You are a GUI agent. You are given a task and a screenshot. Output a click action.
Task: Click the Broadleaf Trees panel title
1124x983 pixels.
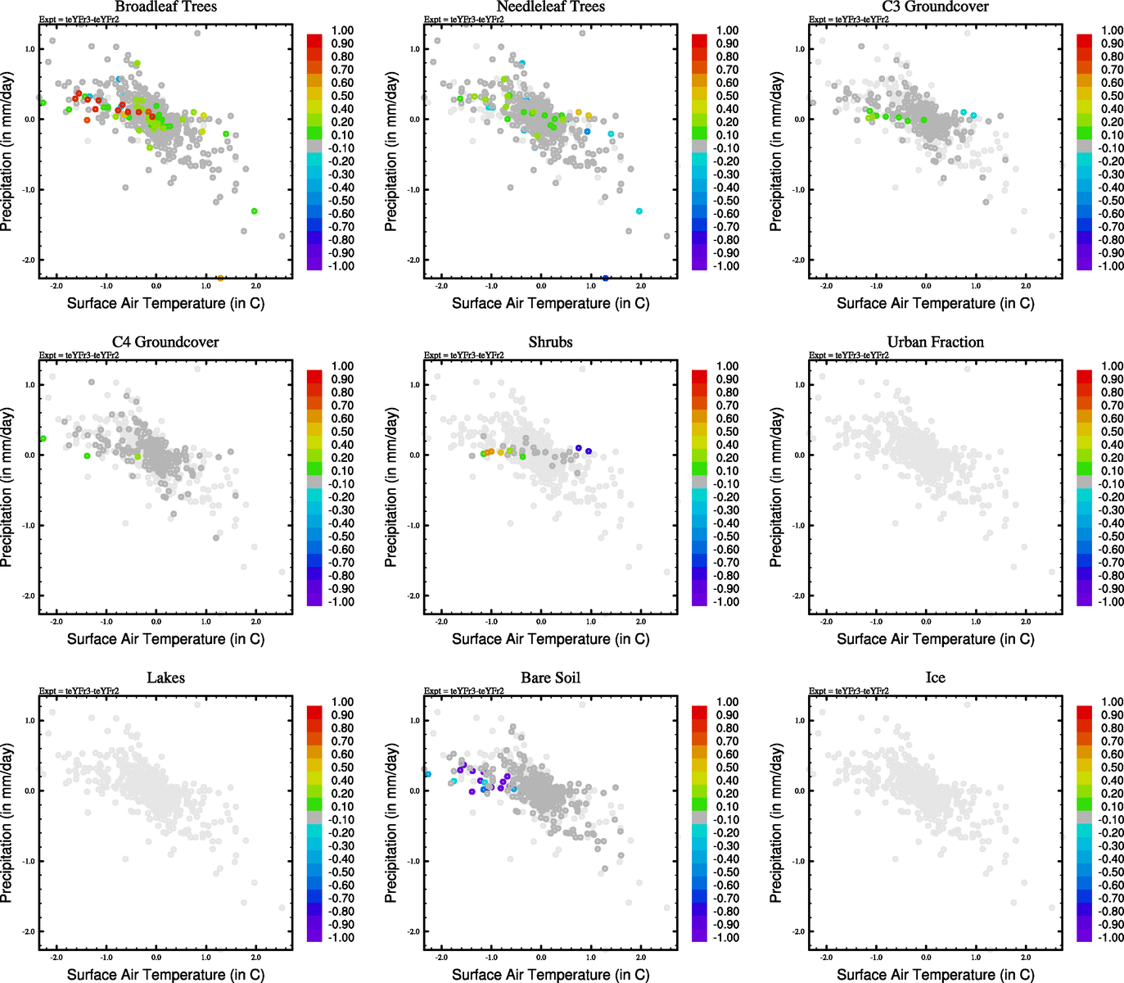click(x=166, y=7)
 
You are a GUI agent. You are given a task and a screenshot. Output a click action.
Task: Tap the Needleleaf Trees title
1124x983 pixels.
click(x=550, y=7)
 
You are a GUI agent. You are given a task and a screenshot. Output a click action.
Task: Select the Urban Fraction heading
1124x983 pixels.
click(x=935, y=342)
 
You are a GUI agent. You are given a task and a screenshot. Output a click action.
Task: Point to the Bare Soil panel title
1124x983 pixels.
click(x=550, y=678)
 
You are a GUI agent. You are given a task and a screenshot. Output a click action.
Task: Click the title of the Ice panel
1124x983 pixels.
click(x=935, y=678)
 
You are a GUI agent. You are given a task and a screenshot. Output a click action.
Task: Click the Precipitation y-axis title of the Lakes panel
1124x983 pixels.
click(x=7, y=823)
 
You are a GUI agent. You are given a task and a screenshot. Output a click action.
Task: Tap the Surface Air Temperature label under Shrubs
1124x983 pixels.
click(x=550, y=639)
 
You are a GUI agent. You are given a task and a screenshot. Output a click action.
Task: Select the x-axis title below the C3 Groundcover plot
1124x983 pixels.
click(x=935, y=303)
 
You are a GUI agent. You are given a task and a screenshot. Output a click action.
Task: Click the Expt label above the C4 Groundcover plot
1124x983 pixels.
click(x=79, y=356)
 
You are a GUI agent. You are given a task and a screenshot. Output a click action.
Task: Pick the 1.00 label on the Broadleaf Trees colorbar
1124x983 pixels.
click(x=342, y=31)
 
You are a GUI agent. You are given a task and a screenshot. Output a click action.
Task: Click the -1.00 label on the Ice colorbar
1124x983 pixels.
click(x=1111, y=937)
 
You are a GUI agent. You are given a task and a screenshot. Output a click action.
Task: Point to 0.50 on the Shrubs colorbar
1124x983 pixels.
click(x=727, y=432)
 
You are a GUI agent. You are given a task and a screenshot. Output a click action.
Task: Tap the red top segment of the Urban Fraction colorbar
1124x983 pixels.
click(x=1084, y=377)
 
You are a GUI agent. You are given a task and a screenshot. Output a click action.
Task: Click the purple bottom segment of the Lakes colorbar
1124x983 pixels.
click(x=314, y=935)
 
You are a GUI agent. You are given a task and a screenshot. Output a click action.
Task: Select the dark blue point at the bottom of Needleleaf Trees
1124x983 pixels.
click(x=605, y=279)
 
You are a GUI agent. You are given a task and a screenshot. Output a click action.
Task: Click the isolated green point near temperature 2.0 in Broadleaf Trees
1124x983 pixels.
click(x=255, y=211)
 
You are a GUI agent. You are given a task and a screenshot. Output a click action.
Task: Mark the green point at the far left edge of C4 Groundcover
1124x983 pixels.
click(x=43, y=439)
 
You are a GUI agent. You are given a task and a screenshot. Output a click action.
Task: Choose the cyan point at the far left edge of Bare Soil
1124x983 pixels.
click(x=427, y=774)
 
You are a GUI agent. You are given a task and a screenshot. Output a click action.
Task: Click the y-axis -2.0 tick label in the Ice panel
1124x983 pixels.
click(x=798, y=932)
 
